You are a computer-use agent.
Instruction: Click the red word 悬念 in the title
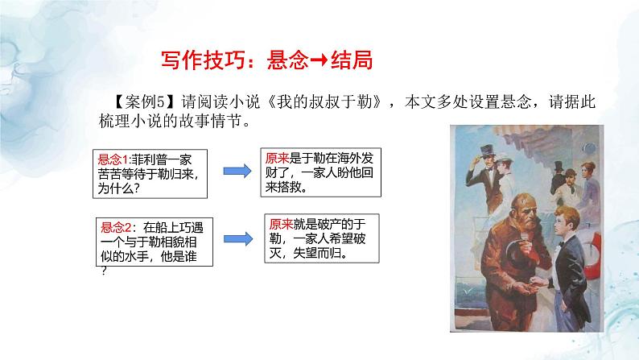pyautogui.click(x=289, y=61)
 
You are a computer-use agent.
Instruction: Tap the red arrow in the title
pyautogui.click(x=324, y=61)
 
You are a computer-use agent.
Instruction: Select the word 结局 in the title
pyautogui.click(x=356, y=61)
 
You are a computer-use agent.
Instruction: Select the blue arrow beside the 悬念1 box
pyautogui.click(x=235, y=172)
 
